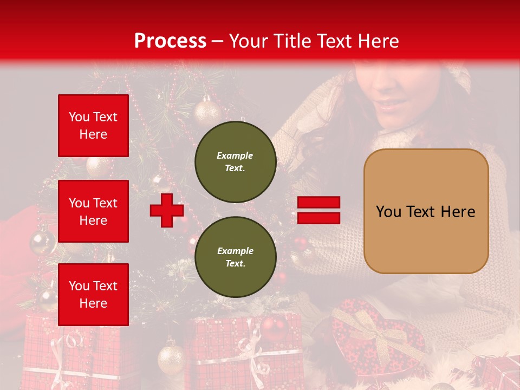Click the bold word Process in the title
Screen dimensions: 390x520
coord(170,41)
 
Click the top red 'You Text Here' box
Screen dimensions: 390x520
coord(93,126)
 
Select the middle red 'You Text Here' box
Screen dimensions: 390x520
coord(93,211)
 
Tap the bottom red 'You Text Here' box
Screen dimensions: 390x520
coord(93,295)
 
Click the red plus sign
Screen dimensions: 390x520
coord(166,211)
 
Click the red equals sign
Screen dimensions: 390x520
coord(318,211)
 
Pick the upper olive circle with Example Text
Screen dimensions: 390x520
coord(235,161)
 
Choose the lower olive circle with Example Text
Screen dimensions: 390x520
coord(235,257)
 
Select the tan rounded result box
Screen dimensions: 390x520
coord(426,211)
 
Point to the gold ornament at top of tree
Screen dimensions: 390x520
coord(207,111)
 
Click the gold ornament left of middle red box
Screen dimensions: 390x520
coord(42,242)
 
